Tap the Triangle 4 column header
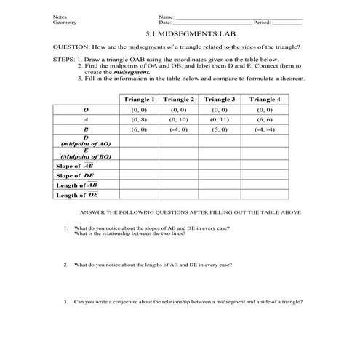tap(264, 98)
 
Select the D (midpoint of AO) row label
tap(86, 141)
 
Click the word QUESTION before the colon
tap(71, 47)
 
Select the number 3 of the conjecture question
tap(65, 301)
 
